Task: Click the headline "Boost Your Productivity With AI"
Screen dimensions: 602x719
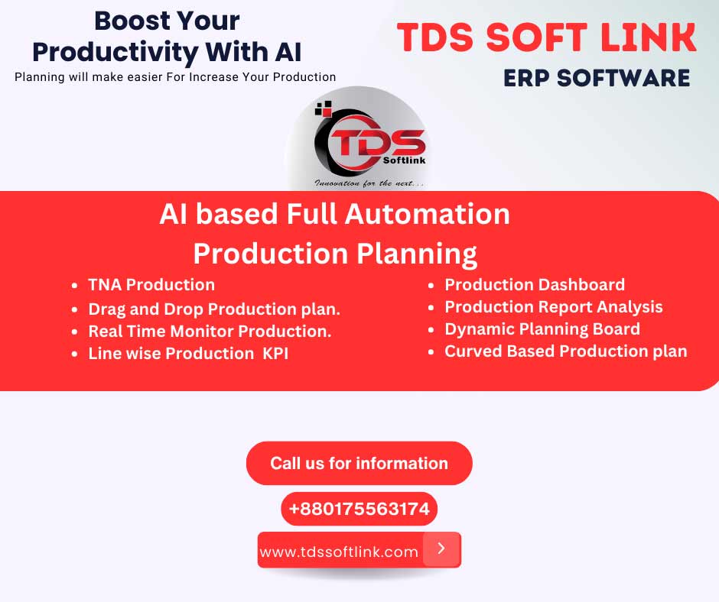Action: pos(167,36)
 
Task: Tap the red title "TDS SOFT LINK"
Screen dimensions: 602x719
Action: pos(547,39)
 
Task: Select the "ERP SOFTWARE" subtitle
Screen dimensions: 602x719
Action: pos(597,78)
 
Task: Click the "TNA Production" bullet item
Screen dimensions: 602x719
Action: pos(151,285)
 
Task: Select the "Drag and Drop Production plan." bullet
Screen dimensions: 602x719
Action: pos(214,309)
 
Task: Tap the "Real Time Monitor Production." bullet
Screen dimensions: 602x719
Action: pos(210,332)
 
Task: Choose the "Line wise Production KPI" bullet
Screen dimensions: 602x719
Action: pos(188,354)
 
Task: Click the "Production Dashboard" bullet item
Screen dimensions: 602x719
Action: pos(535,285)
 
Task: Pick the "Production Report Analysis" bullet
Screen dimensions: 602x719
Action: pos(554,307)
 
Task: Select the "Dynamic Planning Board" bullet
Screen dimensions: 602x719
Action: pos(542,329)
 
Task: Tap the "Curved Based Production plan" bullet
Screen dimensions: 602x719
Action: pos(566,351)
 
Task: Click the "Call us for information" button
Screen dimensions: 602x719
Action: pos(359,463)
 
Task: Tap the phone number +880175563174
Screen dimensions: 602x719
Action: pos(359,509)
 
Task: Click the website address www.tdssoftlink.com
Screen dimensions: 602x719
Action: pos(339,552)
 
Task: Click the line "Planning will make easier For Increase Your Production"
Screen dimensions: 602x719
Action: pos(175,76)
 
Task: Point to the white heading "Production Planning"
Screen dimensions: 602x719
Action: pos(335,252)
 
